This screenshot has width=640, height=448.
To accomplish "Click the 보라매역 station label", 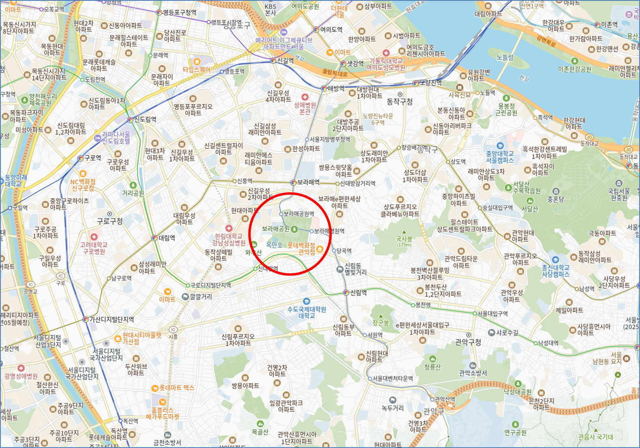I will [308, 182].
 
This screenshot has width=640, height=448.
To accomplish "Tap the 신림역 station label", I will [359, 293].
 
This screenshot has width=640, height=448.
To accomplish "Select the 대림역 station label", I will [167, 238].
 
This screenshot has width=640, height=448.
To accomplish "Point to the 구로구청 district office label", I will [110, 221].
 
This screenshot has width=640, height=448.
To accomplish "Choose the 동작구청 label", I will [400, 101].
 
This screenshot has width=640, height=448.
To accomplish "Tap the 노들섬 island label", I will [505, 58].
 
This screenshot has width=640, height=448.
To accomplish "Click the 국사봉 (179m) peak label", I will [404, 241].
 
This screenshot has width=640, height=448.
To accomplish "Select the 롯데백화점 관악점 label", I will [301, 249].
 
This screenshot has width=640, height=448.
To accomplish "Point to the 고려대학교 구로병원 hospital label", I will [94, 248].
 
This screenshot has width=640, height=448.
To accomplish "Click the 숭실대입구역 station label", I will [497, 208].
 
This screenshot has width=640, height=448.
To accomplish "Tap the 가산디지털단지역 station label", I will [112, 319].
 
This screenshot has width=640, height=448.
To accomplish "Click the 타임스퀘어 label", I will [197, 69].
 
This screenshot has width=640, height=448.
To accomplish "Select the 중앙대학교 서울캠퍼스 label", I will [500, 156].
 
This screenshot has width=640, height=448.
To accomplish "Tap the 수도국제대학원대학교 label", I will [307, 312].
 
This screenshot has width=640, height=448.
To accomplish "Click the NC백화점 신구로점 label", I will [83, 185].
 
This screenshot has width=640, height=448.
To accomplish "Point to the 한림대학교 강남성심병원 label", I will [229, 240].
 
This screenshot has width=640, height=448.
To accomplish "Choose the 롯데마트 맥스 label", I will [177, 388].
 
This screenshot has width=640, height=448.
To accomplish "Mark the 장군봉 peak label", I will [381, 323].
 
